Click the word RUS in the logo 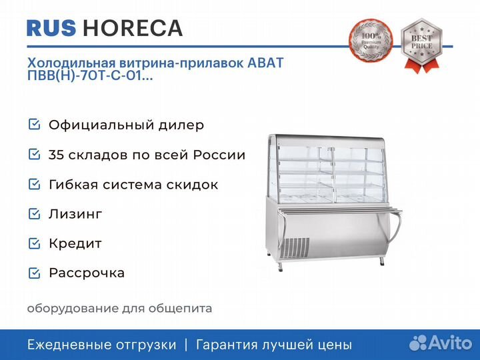[51, 28]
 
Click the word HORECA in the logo [133, 28]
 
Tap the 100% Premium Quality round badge [371, 40]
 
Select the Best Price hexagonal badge [422, 45]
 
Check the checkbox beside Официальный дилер [34, 124]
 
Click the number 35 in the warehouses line [55, 155]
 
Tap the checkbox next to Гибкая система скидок [34, 184]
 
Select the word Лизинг [75, 214]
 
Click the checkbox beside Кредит [34, 243]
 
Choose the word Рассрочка [87, 273]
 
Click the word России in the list [219, 155]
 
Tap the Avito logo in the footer [441, 343]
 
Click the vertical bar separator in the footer [186, 345]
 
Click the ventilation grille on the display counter [295, 247]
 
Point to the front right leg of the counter [382, 261]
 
